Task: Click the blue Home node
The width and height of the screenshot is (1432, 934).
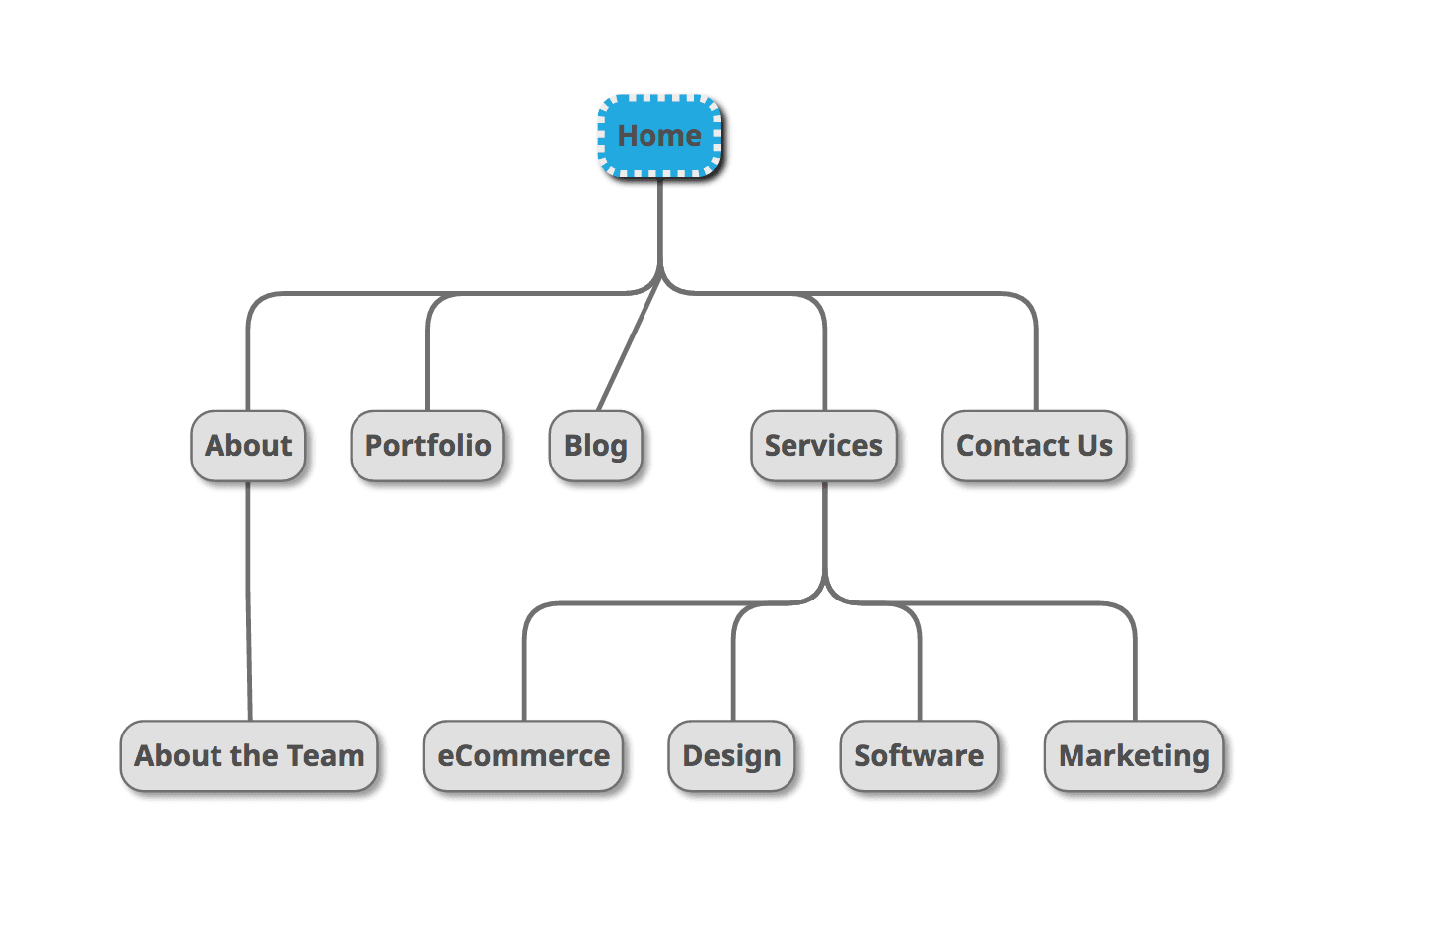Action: click(659, 136)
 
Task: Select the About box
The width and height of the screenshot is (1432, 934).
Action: click(248, 446)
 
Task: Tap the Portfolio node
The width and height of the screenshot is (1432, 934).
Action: click(427, 446)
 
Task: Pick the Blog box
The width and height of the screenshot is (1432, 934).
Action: click(596, 446)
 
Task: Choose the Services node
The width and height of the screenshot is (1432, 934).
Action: click(823, 446)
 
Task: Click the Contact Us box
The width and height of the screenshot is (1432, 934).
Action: click(1034, 446)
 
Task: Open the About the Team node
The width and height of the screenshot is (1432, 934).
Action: click(249, 756)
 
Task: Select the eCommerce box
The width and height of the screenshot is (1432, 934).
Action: click(523, 756)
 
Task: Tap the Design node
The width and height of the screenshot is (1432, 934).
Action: click(732, 756)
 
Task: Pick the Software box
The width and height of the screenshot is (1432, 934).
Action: click(919, 756)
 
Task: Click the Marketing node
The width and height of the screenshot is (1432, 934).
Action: click(1134, 756)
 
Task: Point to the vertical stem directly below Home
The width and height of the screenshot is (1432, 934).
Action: click(660, 223)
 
